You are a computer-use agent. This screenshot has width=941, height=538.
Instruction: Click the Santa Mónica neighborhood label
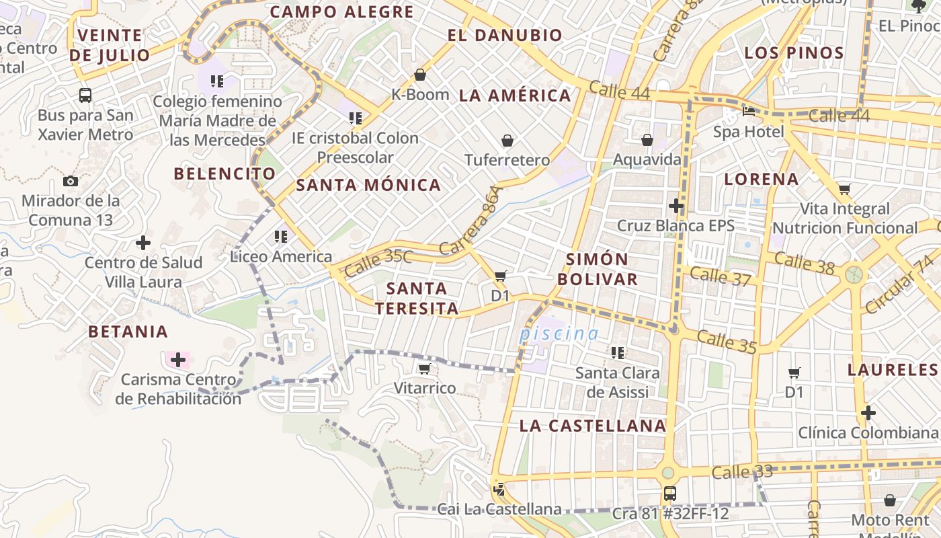368,185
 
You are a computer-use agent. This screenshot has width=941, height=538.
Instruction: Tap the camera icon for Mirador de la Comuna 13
70,181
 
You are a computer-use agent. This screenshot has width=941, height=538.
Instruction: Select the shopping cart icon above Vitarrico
424,369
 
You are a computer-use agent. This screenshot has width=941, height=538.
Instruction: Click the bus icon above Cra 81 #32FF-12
669,494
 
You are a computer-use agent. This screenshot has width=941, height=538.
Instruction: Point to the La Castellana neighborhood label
592,426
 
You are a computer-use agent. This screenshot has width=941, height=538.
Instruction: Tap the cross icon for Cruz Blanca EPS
676,205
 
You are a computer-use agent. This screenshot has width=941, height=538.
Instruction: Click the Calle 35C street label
378,263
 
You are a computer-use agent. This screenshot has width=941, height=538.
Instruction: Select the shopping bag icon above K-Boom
420,75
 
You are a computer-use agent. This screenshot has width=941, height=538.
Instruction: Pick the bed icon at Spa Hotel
748,111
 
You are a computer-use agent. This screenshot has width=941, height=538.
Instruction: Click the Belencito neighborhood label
224,174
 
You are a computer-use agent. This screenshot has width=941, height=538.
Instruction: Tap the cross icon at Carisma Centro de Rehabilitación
177,360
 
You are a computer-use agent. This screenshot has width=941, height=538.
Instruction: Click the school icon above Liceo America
280,237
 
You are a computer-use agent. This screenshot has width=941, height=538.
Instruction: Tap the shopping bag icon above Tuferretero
507,141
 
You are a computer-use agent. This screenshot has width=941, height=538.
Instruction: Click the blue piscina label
559,334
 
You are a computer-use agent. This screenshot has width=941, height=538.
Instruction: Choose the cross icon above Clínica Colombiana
868,412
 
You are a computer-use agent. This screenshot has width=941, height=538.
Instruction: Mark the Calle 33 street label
733,473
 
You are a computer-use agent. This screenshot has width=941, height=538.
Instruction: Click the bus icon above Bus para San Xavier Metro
85,95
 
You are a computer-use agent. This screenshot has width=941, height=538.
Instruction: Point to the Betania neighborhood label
128,332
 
